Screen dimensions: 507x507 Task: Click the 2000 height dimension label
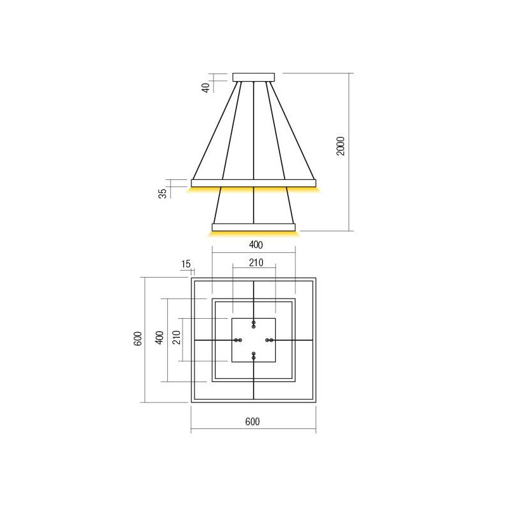tap(340, 147)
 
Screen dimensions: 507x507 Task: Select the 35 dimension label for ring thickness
tap(163, 193)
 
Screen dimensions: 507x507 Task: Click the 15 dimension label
tap(185, 264)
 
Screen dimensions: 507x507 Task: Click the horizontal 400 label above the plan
tap(253, 245)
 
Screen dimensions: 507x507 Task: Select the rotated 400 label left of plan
tap(160, 338)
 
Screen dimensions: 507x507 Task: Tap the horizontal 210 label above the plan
tap(255, 263)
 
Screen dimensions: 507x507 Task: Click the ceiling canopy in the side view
tap(254, 77)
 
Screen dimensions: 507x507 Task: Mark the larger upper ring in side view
tap(253, 183)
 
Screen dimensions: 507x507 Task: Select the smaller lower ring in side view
tap(253, 226)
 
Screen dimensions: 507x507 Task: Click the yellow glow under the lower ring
tap(253, 233)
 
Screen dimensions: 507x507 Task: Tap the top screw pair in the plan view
tap(253, 324)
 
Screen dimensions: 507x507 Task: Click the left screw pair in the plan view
tap(238, 340)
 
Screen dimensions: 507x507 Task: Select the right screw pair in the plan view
tap(269, 340)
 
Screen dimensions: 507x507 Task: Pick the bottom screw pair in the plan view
tap(253, 356)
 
